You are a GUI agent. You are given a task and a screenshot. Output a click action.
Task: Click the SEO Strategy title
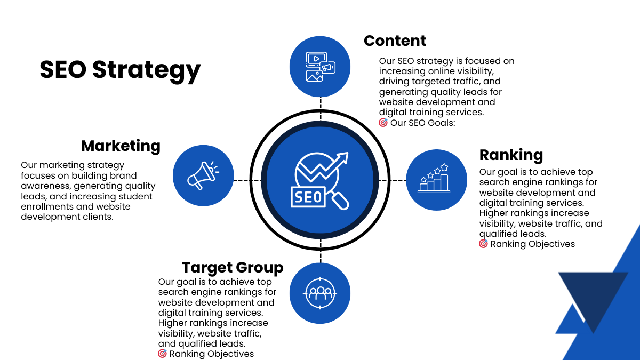point(120,70)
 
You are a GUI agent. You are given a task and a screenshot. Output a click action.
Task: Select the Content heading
point(395,41)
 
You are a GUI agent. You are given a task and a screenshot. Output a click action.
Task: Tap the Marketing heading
point(121,146)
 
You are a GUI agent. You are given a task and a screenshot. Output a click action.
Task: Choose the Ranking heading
point(511,155)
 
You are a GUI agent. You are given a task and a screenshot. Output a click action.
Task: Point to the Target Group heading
point(233,267)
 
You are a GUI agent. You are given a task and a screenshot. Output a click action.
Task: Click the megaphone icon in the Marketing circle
point(203,175)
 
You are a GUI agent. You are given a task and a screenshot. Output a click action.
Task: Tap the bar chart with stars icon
point(434,179)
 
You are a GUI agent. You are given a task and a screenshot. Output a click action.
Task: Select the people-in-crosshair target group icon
point(320,292)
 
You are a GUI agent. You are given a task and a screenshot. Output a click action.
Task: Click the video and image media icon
point(320,67)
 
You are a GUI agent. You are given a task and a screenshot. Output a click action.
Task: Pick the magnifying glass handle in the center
point(340,201)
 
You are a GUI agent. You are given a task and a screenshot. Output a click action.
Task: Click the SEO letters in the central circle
point(307,197)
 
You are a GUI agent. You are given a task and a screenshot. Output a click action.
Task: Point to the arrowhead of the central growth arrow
point(342,158)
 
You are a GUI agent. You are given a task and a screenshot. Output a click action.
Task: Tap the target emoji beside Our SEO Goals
point(383,123)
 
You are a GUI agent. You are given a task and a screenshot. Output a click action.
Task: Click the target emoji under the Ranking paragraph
point(483,244)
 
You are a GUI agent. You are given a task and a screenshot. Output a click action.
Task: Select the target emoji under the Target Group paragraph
point(162,354)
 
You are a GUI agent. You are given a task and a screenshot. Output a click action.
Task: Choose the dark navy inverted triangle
point(593,296)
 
